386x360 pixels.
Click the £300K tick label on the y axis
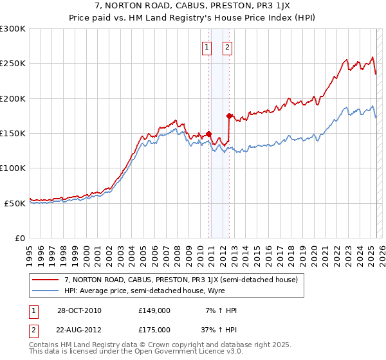(13, 29)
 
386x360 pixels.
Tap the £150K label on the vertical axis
(13, 134)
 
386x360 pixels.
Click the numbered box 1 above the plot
(207, 47)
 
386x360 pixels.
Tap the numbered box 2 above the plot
(228, 47)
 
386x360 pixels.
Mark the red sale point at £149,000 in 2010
(209, 134)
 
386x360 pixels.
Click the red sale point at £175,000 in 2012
(230, 116)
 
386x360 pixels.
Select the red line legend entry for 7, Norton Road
(180, 280)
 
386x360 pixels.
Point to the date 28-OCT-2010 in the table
(79, 310)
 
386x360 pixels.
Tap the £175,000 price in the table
(154, 329)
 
